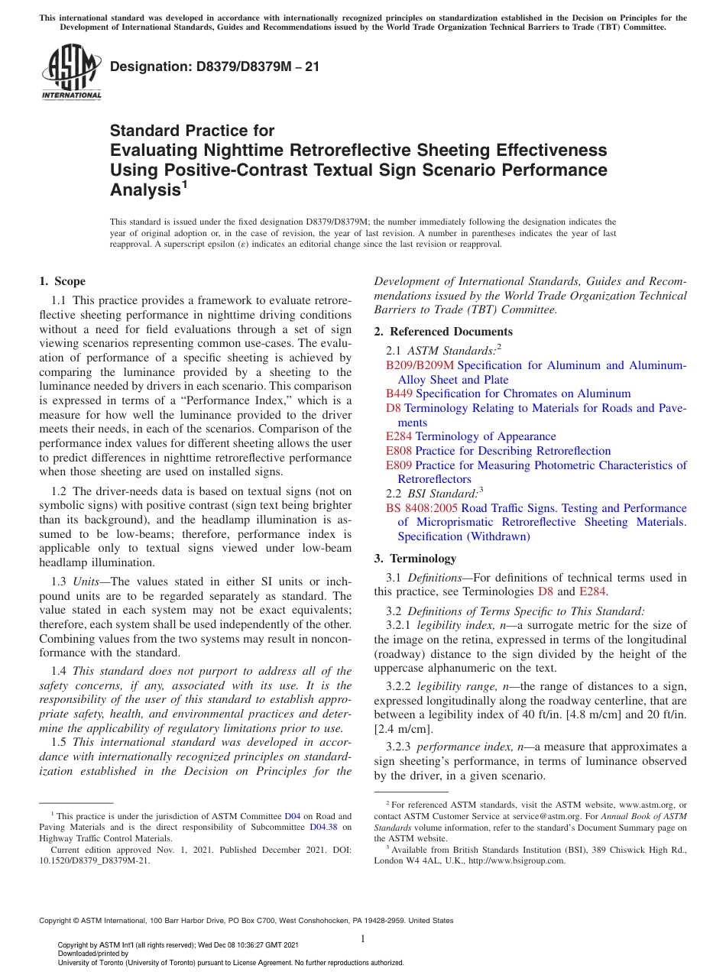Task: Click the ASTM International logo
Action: (x=70, y=73)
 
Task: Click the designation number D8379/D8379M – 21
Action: (x=215, y=67)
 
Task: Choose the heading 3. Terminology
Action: (x=418, y=558)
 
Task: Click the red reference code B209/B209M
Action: (x=420, y=365)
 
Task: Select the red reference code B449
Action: (x=400, y=394)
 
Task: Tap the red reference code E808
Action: (x=399, y=451)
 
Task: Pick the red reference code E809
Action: (x=399, y=465)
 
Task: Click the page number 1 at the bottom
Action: (x=363, y=939)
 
